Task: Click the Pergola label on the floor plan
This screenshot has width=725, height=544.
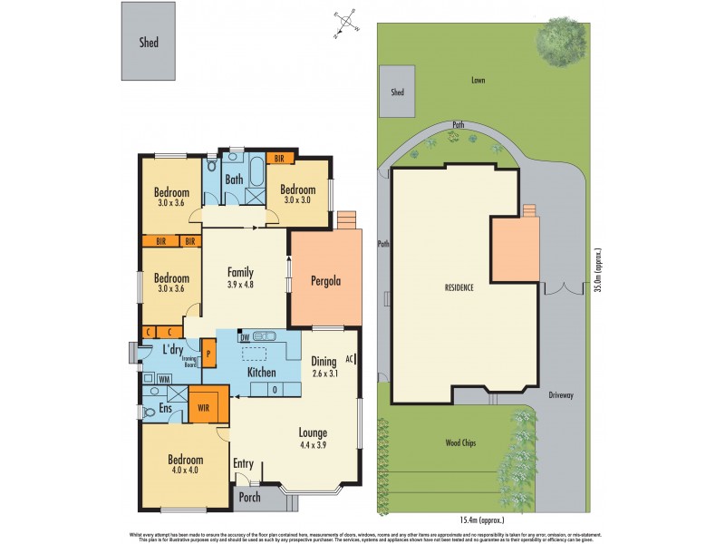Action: point(324,280)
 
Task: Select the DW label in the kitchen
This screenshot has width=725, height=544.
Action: point(246,335)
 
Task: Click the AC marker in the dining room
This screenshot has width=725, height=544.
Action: point(350,357)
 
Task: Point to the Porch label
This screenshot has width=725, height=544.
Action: point(249,497)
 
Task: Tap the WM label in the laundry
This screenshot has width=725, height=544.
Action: point(165,378)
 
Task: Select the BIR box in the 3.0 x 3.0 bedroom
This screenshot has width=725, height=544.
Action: point(280,159)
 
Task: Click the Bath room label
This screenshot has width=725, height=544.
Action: point(234,180)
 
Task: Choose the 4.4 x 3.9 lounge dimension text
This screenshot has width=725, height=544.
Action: point(312,445)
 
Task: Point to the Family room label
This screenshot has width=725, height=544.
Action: point(240,272)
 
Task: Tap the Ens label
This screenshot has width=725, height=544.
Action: point(167,409)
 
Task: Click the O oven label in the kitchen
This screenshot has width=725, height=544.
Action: point(275,389)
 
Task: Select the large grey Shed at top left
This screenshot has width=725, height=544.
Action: point(149,41)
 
